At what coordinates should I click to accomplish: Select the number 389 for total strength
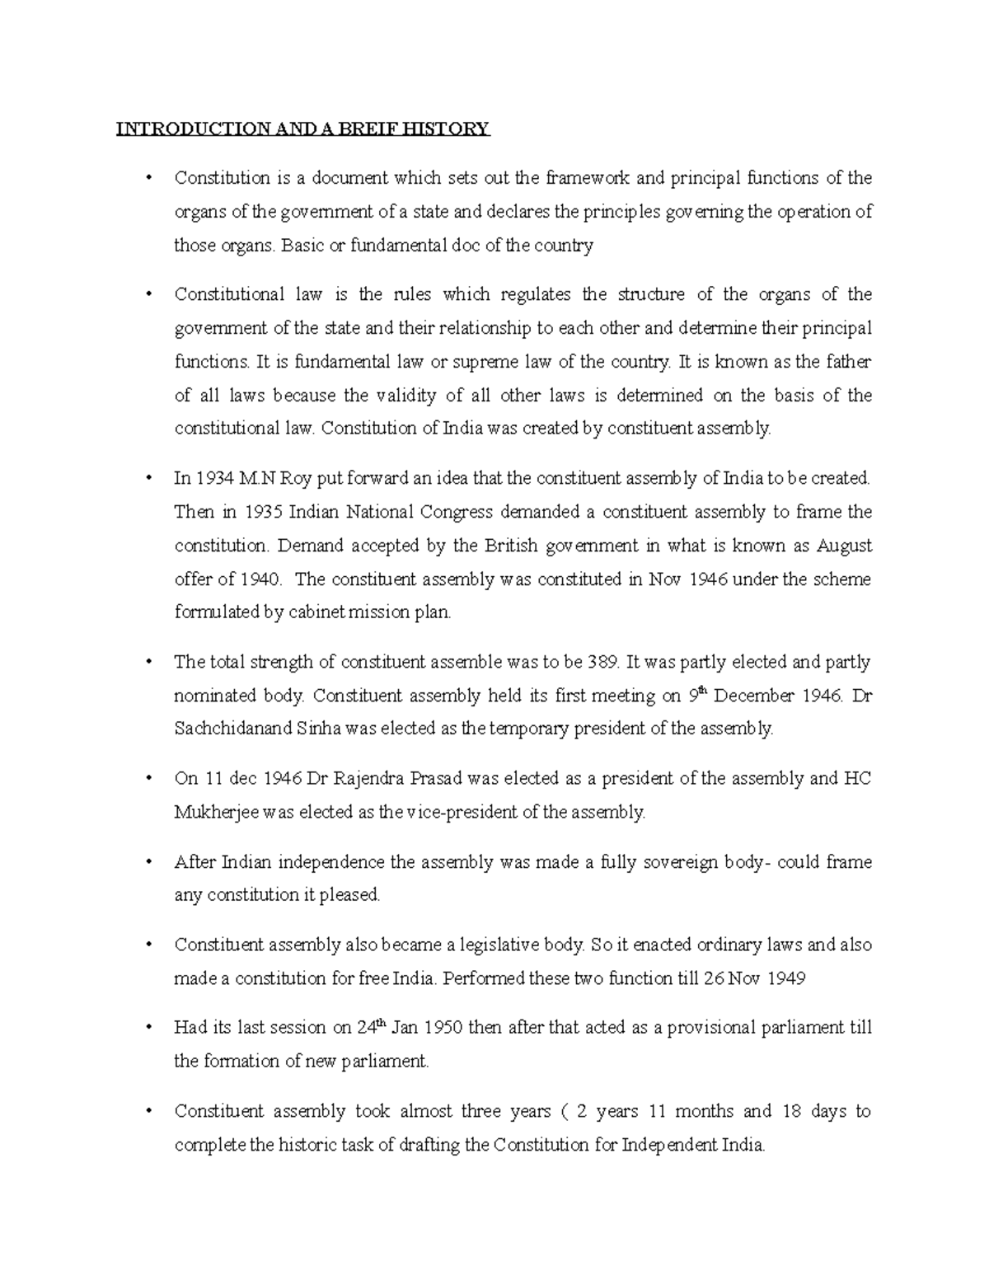(x=602, y=662)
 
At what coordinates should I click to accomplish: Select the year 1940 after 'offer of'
(x=261, y=579)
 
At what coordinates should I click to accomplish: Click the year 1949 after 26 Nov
(x=786, y=978)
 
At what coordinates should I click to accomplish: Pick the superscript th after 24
(x=380, y=1023)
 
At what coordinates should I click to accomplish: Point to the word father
(x=849, y=362)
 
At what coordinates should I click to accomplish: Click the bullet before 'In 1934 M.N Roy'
(x=148, y=478)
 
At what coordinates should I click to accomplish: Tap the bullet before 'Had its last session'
(x=148, y=1028)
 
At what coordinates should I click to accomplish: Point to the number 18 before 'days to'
(x=791, y=1111)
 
